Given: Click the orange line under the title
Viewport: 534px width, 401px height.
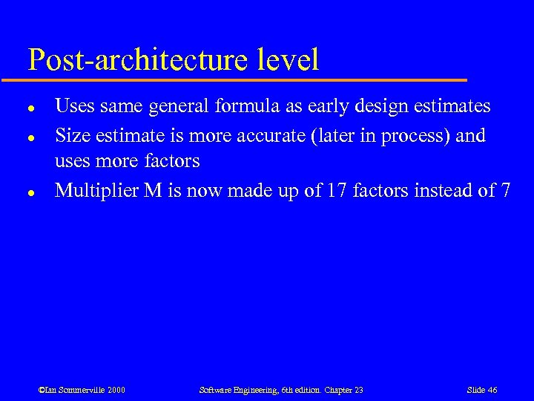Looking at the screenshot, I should tap(245, 79).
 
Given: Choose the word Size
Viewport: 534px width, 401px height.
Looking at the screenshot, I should tap(73, 136).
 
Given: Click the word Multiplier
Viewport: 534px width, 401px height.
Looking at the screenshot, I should tap(96, 191).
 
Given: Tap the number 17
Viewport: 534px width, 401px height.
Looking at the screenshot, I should tap(337, 191).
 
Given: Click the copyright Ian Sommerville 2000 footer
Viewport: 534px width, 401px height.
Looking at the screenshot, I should tap(82, 390).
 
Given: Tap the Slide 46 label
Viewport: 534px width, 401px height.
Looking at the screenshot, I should tap(482, 390).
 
